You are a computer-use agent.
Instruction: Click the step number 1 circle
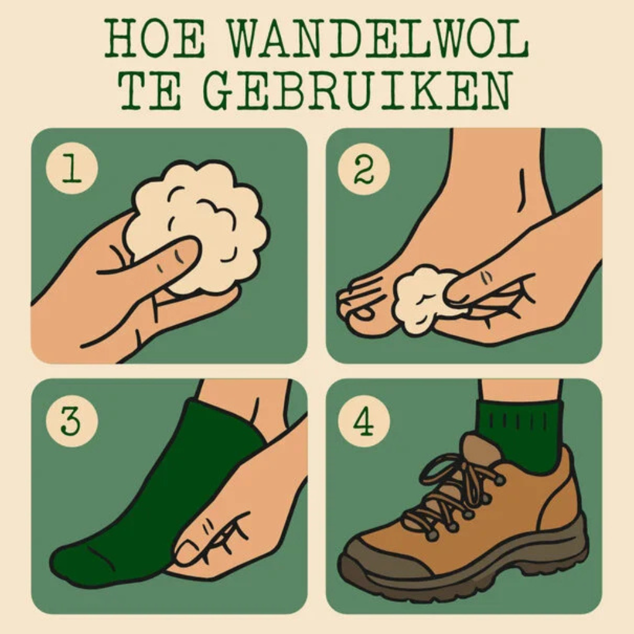(72, 168)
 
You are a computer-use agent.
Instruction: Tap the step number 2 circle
(363, 168)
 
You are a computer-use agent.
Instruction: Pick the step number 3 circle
(72, 422)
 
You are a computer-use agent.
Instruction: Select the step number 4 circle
(363, 422)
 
